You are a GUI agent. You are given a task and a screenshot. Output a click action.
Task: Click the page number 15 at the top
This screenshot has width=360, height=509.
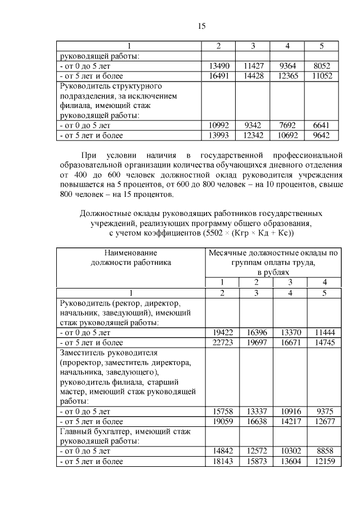[x=202, y=26]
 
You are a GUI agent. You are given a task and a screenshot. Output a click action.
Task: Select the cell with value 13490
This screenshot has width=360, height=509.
[x=218, y=66]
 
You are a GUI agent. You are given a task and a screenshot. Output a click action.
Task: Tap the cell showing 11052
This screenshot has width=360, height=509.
[x=322, y=75]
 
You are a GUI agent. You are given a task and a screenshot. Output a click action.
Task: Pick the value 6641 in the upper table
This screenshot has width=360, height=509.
[x=322, y=125]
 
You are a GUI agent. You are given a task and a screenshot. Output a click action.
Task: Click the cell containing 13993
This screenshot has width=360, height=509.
[x=218, y=135]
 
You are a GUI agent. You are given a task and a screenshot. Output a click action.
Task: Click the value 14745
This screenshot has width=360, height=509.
[x=324, y=342]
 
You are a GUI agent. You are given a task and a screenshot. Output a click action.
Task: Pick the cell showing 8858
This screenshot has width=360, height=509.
[x=324, y=451]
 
